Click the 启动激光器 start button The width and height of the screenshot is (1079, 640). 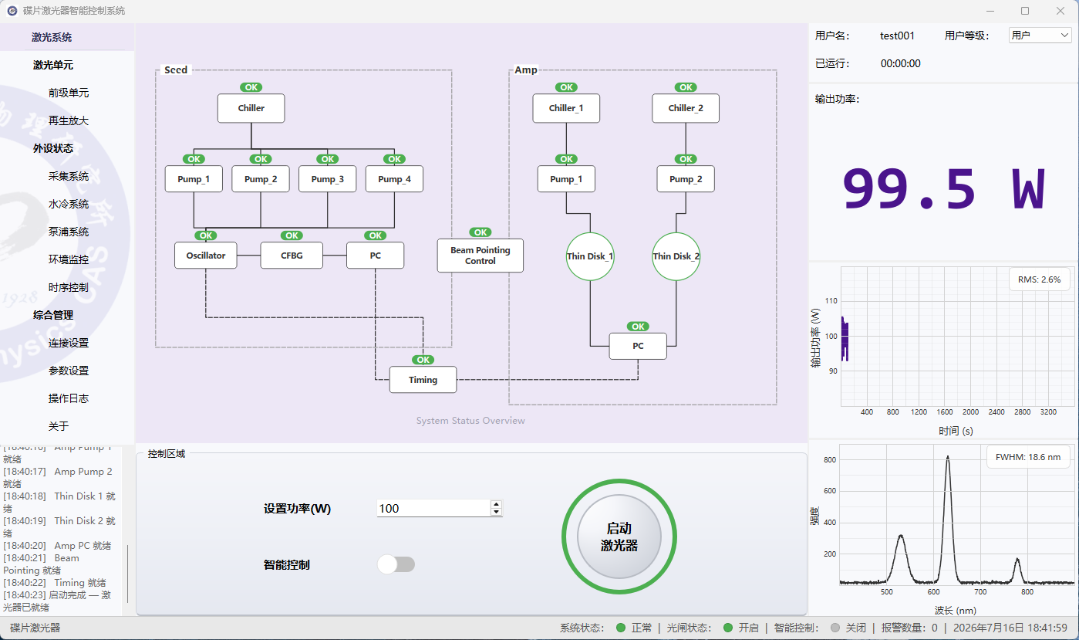[x=619, y=537]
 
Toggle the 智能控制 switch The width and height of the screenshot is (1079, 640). [x=396, y=564]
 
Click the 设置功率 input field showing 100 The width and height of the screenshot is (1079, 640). [x=433, y=508]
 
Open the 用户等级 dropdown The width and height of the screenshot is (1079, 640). [x=1040, y=36]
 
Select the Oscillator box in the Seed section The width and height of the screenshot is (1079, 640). [x=206, y=255]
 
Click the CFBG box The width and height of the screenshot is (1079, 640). [x=292, y=255]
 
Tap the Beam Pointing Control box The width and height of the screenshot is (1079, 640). [x=480, y=256]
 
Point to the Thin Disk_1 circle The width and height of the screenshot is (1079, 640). [x=589, y=256]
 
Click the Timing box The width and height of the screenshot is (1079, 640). [x=423, y=380]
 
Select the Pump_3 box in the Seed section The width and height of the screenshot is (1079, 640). [x=328, y=179]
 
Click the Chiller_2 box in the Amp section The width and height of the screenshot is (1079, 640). [x=686, y=108]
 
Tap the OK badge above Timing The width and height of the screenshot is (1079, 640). [x=423, y=360]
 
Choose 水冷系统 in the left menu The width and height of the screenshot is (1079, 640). [x=69, y=204]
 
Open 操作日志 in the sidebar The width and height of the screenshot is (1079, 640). [x=69, y=398]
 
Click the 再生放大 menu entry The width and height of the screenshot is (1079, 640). [x=69, y=120]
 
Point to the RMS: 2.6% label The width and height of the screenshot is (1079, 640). [x=1039, y=279]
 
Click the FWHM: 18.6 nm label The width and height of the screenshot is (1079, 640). [x=1028, y=457]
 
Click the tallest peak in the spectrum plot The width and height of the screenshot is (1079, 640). [x=947, y=457]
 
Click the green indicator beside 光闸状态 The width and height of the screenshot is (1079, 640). [x=728, y=628]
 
